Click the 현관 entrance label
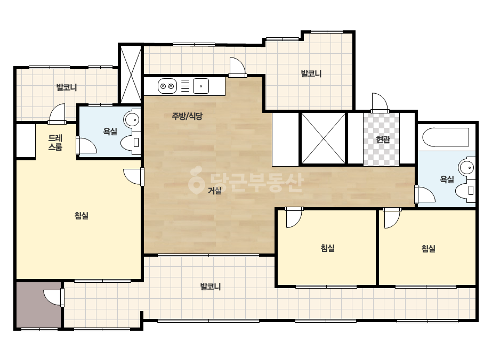[383, 139]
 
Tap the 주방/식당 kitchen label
[187, 116]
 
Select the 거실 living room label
[215, 190]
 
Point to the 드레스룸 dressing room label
[55, 142]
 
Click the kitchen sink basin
[201, 86]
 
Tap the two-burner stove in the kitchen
[167, 86]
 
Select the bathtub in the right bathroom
[446, 137]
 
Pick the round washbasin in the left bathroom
[132, 119]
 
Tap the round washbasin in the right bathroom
[467, 167]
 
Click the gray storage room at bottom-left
[38, 305]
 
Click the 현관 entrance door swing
[380, 103]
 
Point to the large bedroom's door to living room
[134, 177]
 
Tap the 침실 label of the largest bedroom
[81, 216]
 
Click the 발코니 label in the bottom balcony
[211, 287]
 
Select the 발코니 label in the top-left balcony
[67, 87]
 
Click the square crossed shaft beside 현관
[324, 138]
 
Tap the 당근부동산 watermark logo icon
[196, 181]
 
